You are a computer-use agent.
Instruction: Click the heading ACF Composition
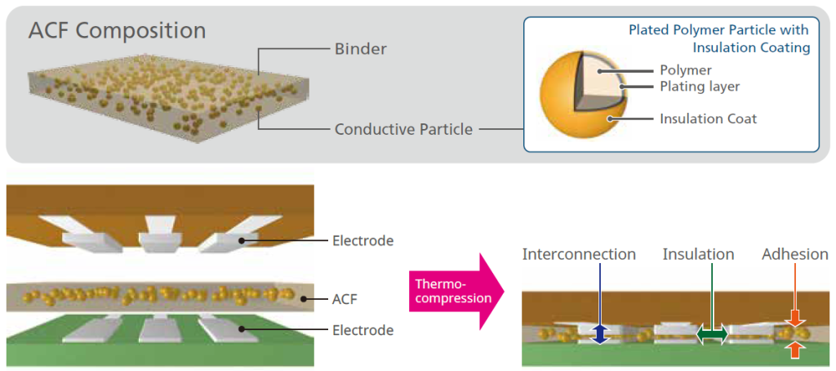click(x=117, y=31)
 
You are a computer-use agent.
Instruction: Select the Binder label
click(x=360, y=49)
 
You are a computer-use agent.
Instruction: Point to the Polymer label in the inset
click(x=686, y=70)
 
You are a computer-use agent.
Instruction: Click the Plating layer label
click(x=700, y=86)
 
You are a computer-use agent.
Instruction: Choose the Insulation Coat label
click(x=708, y=118)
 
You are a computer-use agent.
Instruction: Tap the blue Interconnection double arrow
click(x=600, y=333)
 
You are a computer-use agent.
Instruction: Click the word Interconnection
click(x=579, y=254)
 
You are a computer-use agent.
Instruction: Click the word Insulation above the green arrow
click(x=698, y=254)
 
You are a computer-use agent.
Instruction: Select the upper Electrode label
click(x=363, y=240)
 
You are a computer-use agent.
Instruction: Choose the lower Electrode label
click(x=363, y=330)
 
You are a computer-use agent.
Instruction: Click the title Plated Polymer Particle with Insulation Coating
click(x=718, y=38)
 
